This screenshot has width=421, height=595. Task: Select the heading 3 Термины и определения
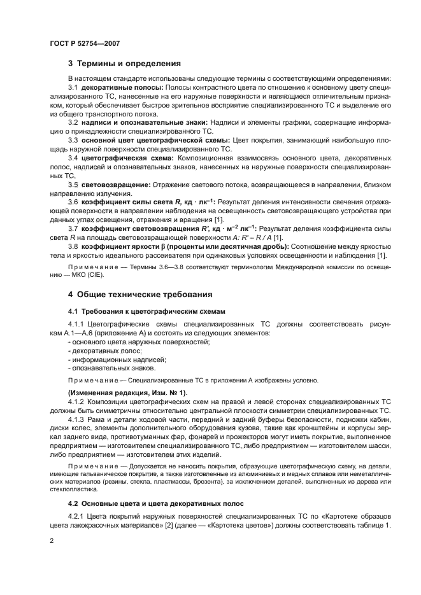point(124,64)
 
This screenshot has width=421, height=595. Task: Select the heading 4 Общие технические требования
point(140,295)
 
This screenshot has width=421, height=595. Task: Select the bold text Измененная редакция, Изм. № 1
point(127,393)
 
